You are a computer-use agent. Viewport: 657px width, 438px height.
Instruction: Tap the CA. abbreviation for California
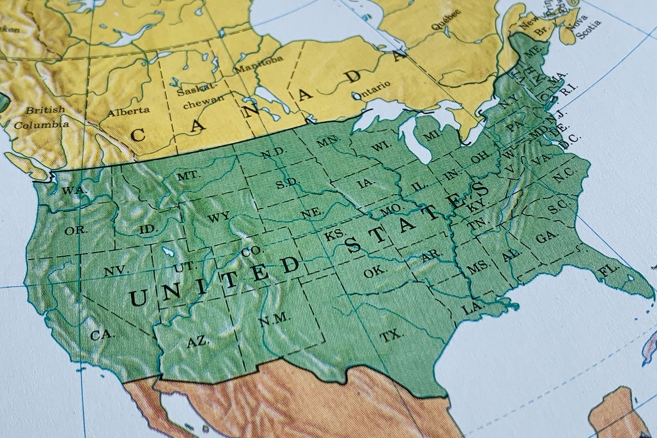[103, 335]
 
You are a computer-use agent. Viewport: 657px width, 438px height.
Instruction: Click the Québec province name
[446, 19]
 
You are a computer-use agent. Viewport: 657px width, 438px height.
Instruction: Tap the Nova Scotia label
[584, 26]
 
